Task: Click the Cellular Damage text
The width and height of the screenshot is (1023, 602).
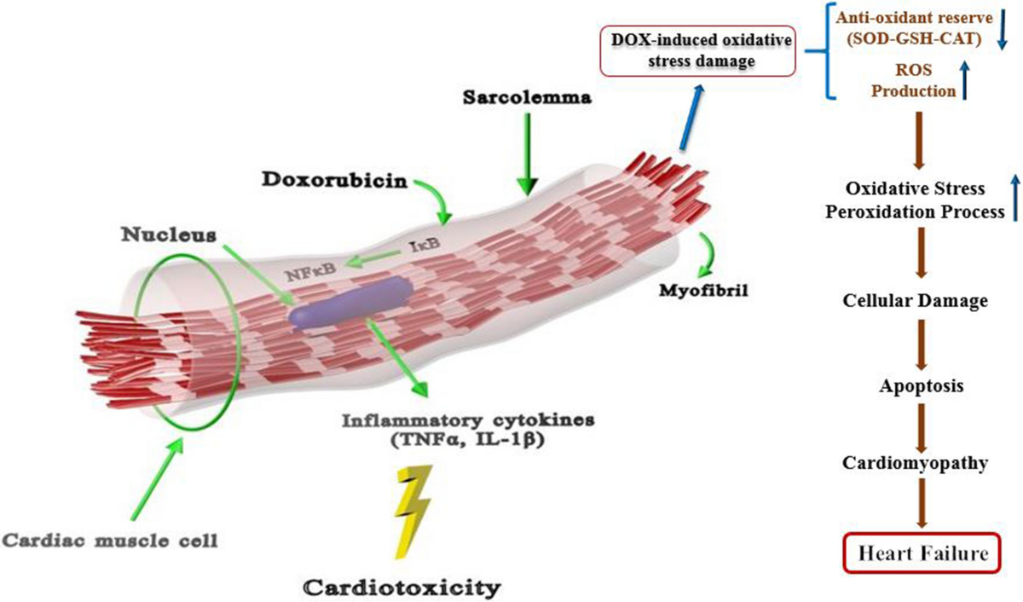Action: coord(922,301)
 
